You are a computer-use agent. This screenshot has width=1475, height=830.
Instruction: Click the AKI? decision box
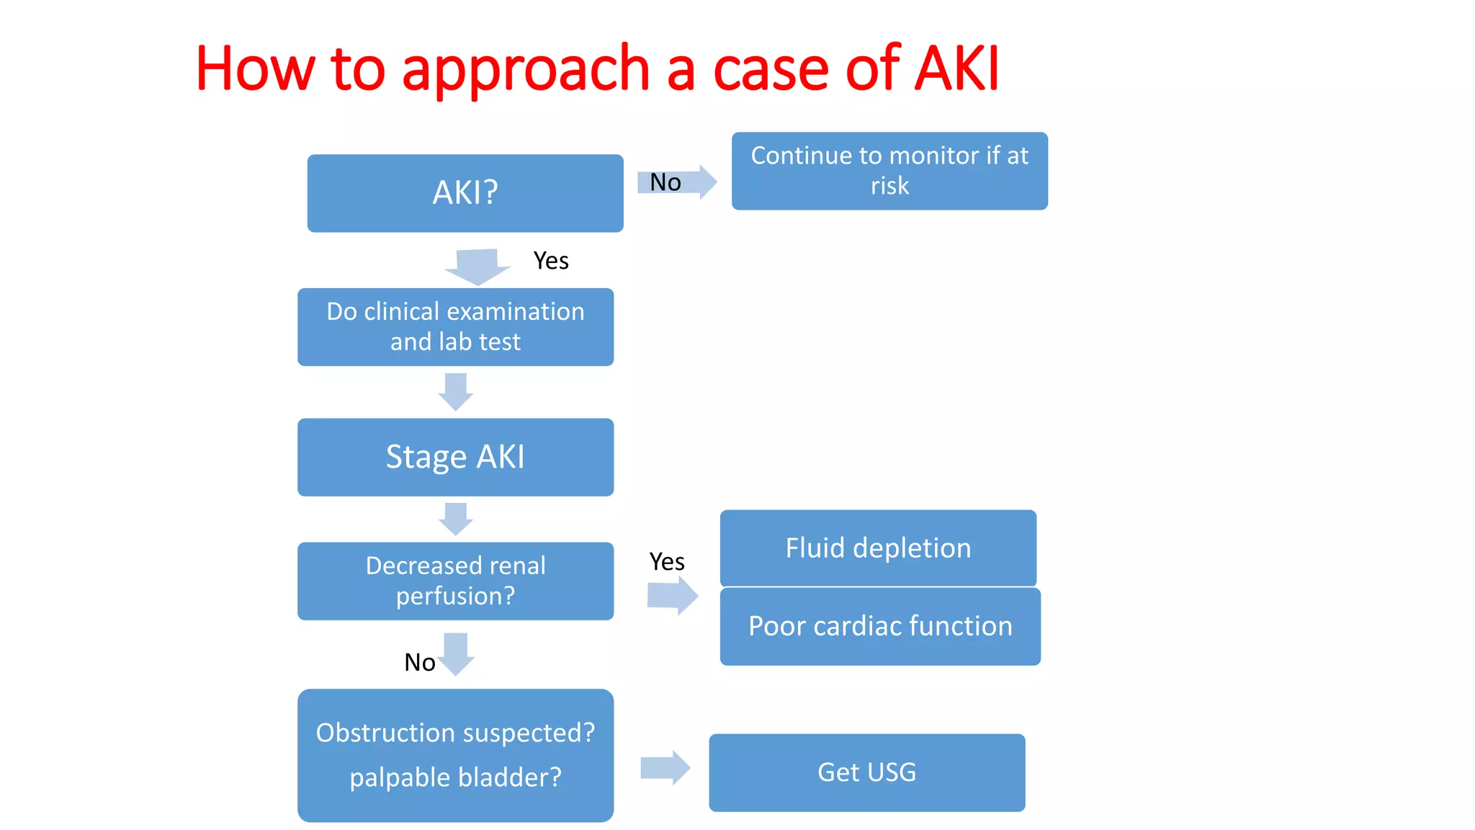coord(465,193)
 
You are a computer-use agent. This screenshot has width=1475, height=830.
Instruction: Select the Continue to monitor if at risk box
coord(889,171)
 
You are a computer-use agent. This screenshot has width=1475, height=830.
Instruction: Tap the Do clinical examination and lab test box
coord(455,327)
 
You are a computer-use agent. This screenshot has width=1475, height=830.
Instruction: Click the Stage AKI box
coord(455,457)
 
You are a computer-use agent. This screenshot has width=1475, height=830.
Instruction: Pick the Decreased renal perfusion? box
coord(455,581)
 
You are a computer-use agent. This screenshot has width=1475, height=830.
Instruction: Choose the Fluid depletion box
coord(878,548)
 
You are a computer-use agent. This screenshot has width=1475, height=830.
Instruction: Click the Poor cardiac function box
coord(880,626)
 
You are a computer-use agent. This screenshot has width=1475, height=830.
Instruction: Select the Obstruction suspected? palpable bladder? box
coord(455,755)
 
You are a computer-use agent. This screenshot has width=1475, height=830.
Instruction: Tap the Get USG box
coord(866,772)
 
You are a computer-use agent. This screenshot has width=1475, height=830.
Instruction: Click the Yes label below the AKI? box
coord(551,261)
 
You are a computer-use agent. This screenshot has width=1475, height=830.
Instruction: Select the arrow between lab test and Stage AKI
coord(456,392)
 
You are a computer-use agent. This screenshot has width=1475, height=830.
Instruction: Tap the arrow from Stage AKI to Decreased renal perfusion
coord(456,519)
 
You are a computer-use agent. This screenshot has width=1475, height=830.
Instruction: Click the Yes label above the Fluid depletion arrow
coord(667,561)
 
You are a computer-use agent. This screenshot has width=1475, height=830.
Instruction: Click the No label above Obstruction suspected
coord(419,662)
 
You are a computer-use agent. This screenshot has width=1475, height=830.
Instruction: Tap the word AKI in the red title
coord(957,68)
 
